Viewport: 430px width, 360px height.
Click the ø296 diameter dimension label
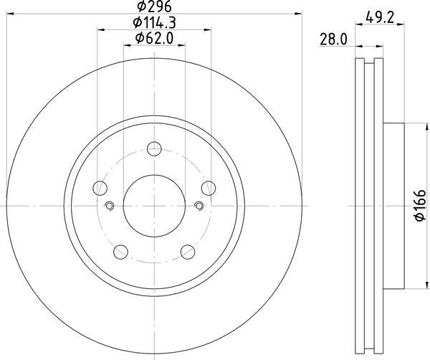[x=153, y=8]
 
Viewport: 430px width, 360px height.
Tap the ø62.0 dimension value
[x=153, y=39]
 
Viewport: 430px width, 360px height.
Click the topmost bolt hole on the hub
[x=154, y=149]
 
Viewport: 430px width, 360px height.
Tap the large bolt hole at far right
[x=208, y=188]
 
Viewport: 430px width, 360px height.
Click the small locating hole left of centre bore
[x=110, y=207]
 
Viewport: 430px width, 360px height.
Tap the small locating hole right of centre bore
[x=199, y=207]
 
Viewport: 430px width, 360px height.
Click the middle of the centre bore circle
[x=154, y=205]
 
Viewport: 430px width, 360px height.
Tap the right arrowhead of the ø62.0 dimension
[x=182, y=45]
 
